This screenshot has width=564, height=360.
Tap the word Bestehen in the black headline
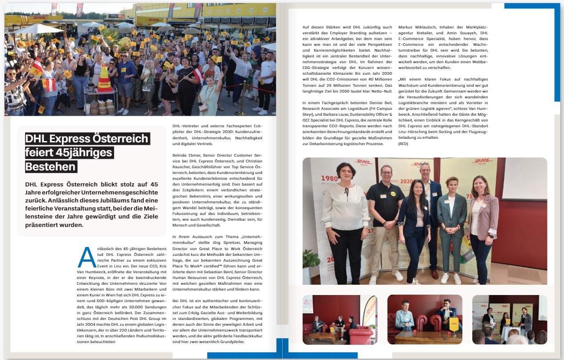(x=51, y=167)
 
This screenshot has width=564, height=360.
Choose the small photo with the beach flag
(x=340, y=320)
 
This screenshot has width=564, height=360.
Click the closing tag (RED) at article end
(x=403, y=144)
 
